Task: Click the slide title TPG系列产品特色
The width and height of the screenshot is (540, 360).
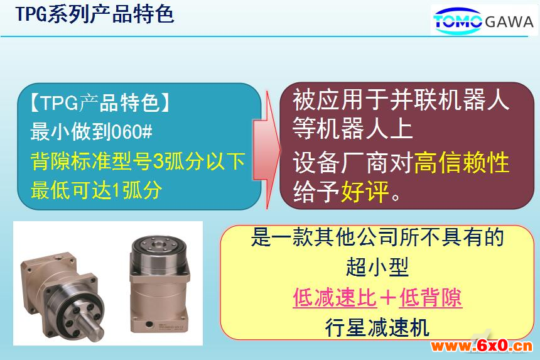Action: click(95, 15)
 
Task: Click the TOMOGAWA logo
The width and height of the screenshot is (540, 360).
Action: click(483, 21)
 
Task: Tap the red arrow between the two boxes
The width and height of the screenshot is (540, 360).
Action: click(267, 150)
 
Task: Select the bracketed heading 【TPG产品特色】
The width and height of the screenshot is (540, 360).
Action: click(100, 103)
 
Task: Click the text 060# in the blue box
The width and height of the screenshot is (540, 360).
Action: click(132, 132)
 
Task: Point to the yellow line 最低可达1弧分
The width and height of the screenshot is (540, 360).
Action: click(96, 190)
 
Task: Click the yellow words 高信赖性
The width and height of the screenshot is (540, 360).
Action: click(462, 162)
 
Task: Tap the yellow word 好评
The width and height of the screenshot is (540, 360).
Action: click(365, 191)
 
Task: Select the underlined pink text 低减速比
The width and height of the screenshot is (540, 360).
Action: click(335, 297)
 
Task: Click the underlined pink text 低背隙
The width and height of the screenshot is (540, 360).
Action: click(431, 297)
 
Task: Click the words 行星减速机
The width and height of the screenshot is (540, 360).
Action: click(377, 327)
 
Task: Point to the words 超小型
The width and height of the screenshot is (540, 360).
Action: click(377, 267)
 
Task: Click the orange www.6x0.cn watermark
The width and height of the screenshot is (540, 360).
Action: click(482, 346)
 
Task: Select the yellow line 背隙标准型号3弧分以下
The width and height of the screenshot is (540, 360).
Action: click(138, 161)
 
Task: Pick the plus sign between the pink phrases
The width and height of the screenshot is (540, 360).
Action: click(388, 298)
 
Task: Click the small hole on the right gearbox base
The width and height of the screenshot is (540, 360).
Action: click(149, 324)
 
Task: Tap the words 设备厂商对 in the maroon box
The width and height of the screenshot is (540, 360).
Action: click(353, 162)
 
